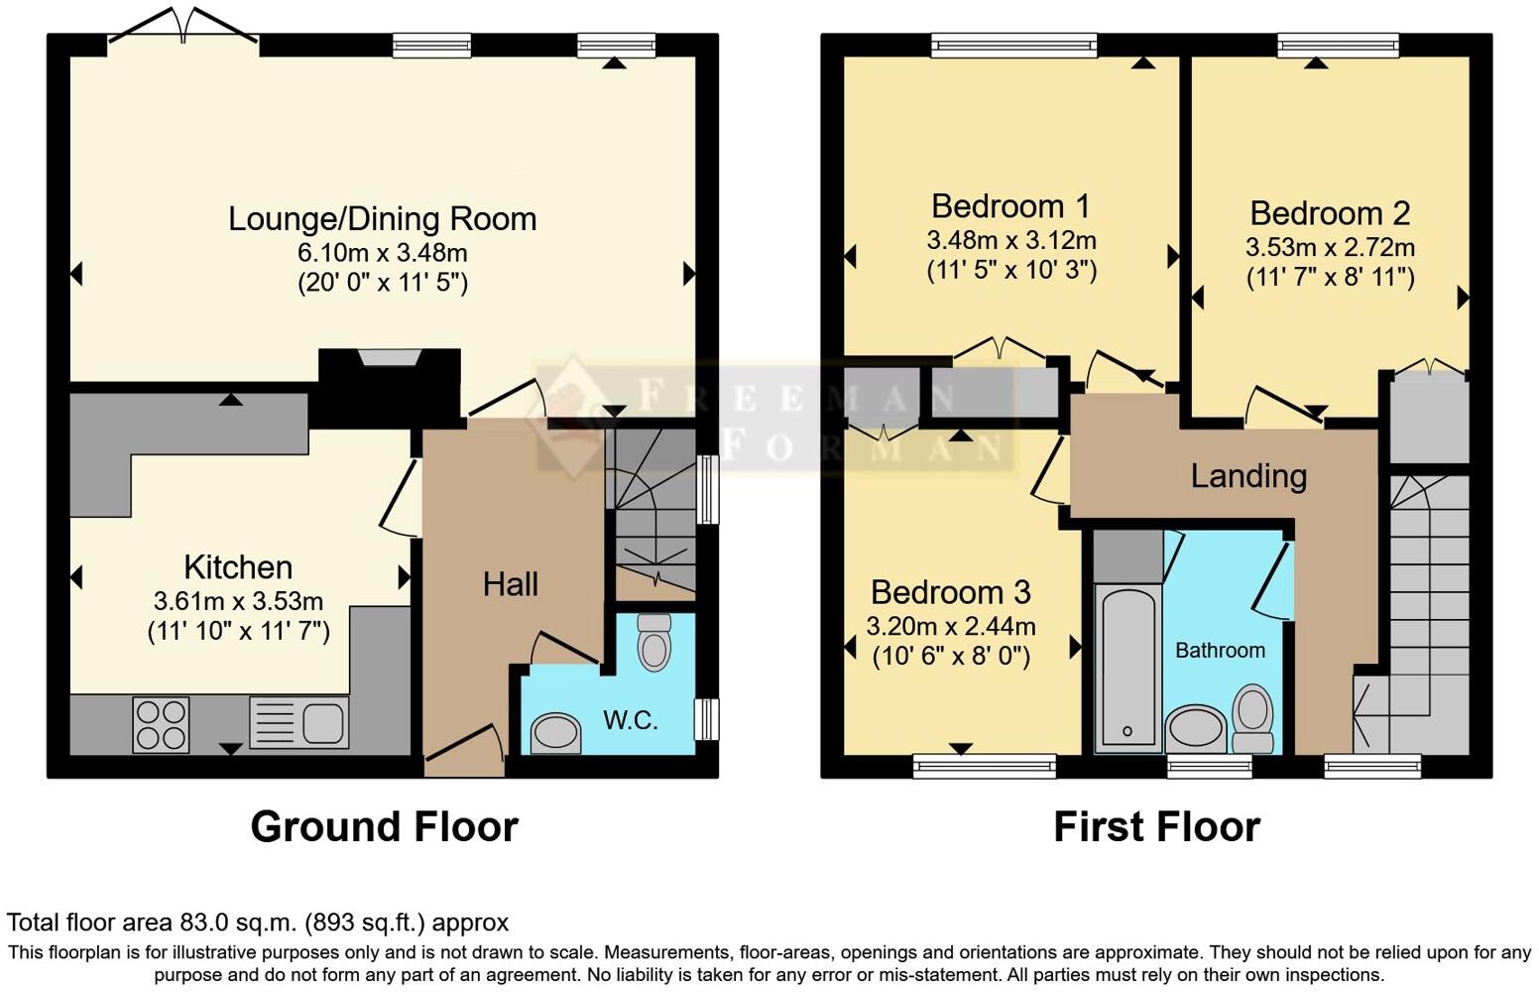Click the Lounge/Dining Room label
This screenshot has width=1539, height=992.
[382, 218]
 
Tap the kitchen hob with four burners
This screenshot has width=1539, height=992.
[161, 724]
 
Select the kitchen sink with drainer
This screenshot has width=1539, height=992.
[298, 723]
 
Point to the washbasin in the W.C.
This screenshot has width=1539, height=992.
[556, 734]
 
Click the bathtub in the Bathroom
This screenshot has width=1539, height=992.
[1127, 670]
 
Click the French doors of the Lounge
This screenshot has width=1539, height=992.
[182, 28]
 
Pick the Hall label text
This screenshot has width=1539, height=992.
[510, 584]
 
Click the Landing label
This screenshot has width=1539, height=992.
[1247, 476]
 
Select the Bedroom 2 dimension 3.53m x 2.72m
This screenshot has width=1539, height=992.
[1329, 247]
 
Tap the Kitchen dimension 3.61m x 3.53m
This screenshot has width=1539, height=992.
[238, 600]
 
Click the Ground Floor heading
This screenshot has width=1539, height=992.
[384, 826]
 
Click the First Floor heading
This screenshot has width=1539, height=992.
[1156, 826]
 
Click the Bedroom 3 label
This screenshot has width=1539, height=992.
[950, 592]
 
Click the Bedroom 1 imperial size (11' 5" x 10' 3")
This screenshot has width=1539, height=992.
[1010, 270]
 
